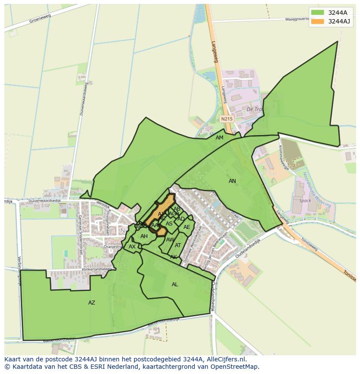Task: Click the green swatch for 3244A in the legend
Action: pos(317,13)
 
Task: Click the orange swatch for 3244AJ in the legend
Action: pos(317,21)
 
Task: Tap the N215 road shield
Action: pos(226,119)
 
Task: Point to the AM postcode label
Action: pos(220,138)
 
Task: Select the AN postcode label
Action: pos(233,181)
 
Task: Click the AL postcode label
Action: pos(175,285)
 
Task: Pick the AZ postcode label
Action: pos(92,303)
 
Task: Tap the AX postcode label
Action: pos(132,247)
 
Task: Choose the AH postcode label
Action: pos(144,236)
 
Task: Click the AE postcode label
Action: pos(187,227)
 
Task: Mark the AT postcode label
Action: pos(178,245)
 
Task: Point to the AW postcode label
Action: pos(170,240)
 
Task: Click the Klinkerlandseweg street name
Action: pos(94,269)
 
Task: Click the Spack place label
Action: pos(305,201)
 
